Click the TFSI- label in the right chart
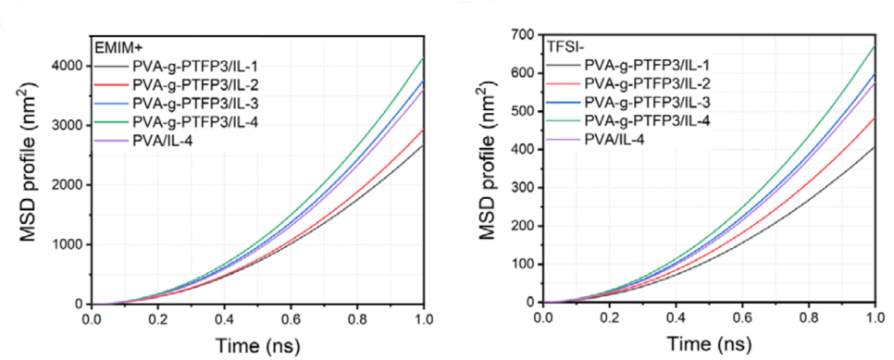tap(565, 43)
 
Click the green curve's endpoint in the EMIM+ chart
tap(423, 58)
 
